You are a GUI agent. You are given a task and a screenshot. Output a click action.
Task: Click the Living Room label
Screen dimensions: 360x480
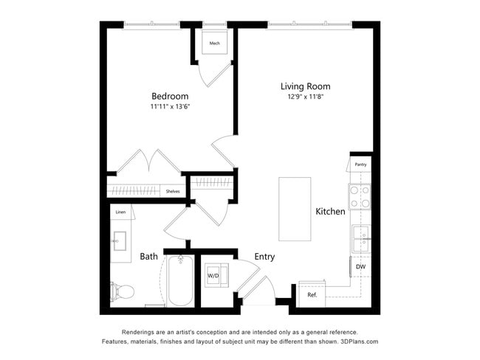[305, 86]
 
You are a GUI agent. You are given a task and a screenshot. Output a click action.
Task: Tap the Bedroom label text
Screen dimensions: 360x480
[170, 96]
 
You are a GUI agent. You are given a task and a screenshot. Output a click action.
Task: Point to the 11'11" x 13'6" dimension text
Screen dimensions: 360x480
[170, 107]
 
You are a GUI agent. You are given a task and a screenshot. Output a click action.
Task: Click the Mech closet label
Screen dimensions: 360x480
[215, 44]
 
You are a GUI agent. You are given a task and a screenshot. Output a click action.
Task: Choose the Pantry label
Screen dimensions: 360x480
[360, 165]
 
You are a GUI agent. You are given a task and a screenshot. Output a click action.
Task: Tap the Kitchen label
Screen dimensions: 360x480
[330, 212]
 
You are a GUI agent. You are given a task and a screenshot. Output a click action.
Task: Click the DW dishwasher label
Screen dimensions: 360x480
[360, 266]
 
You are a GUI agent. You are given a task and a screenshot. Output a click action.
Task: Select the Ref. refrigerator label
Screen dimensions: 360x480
[312, 295]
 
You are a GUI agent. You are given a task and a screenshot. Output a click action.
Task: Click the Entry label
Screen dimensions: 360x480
[264, 257]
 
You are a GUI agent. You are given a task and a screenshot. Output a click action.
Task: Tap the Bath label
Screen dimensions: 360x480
[148, 257]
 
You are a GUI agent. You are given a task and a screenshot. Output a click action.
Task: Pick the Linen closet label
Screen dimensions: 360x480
[120, 212]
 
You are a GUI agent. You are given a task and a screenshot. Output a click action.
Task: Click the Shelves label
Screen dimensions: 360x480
[173, 191]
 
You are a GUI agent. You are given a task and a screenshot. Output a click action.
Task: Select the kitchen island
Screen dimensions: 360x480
[294, 209]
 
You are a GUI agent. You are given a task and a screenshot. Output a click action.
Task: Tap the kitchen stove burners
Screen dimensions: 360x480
[360, 195]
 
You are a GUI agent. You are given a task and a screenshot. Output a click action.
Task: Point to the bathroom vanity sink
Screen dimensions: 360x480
[120, 241]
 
